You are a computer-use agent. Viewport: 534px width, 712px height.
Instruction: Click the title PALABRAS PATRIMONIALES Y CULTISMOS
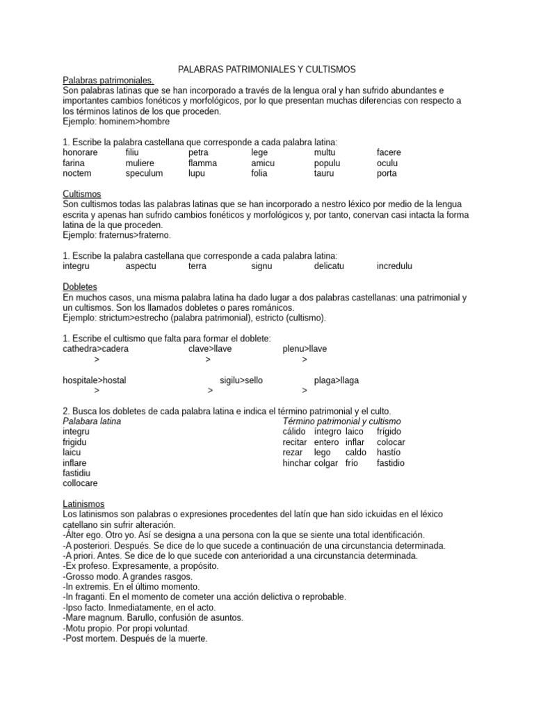point(267,70)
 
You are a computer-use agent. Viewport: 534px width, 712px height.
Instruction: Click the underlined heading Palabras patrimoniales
point(108,80)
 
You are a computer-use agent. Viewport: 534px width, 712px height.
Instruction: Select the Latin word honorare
point(80,152)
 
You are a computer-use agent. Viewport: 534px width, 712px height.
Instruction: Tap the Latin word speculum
point(144,173)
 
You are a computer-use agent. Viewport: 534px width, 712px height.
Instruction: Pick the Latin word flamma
point(202,163)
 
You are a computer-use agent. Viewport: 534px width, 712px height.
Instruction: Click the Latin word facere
point(389,152)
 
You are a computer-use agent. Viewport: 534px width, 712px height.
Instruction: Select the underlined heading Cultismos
point(81,194)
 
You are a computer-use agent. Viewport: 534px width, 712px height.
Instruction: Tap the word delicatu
point(333,266)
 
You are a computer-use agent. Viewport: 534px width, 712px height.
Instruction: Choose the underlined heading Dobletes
point(80,286)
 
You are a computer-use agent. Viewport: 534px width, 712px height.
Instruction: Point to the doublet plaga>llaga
point(337,380)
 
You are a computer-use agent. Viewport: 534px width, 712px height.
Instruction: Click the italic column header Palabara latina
point(92,421)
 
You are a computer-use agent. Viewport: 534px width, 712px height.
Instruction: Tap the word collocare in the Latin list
point(80,483)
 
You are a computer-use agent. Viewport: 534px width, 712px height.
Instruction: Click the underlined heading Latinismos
point(83,503)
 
